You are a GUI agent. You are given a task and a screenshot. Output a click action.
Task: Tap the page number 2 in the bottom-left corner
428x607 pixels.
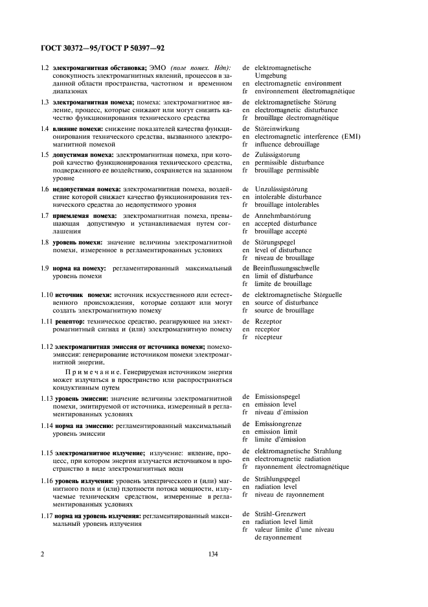(42, 554)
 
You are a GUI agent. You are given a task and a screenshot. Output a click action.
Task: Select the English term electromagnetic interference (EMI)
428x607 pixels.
(308, 136)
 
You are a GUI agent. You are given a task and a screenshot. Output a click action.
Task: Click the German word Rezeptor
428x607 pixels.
(270, 320)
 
